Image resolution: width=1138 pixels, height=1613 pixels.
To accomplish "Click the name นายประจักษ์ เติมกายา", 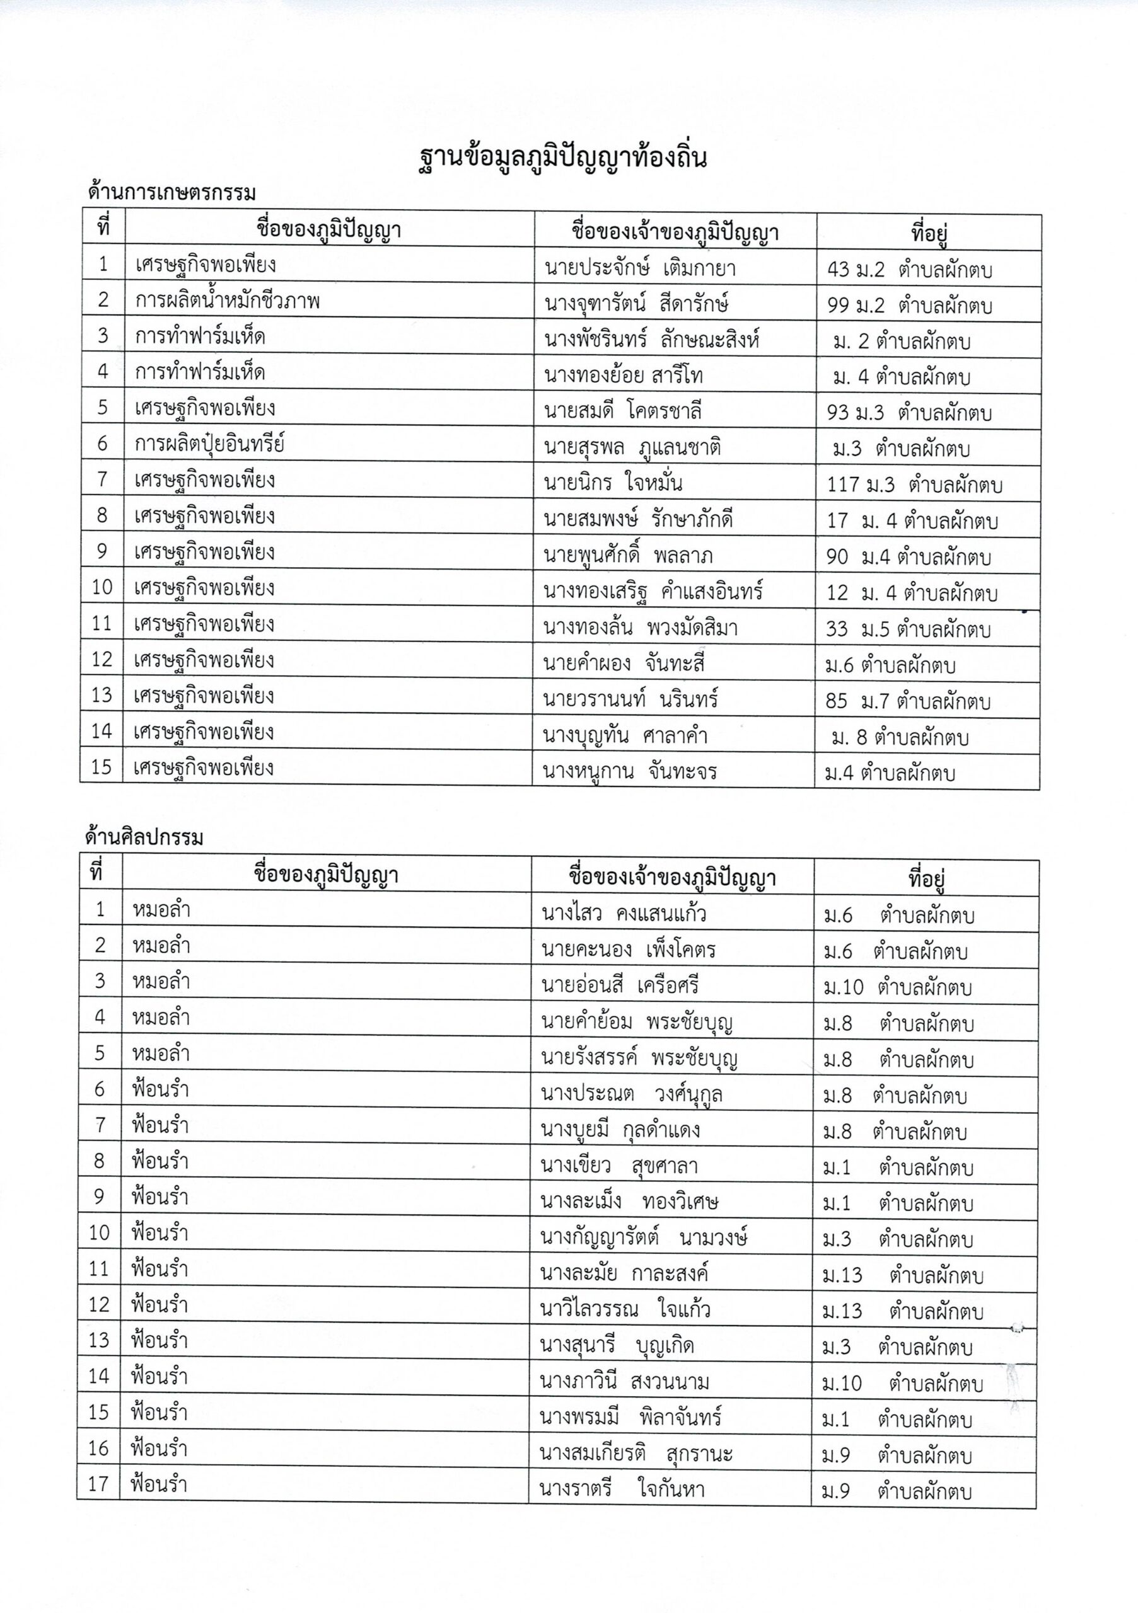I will [x=641, y=268].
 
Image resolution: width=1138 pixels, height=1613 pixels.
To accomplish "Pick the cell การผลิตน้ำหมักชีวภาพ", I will [x=228, y=301].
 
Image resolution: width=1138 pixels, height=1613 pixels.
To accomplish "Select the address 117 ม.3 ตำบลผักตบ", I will [x=914, y=484].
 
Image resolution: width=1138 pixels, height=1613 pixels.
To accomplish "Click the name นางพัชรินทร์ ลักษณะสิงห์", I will [x=651, y=340].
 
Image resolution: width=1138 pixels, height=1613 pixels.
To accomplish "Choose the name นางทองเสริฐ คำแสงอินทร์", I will [x=653, y=592].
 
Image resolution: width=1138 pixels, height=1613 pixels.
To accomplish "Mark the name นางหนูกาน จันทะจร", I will [x=630, y=772].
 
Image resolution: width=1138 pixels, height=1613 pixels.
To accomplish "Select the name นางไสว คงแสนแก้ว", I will [x=624, y=913].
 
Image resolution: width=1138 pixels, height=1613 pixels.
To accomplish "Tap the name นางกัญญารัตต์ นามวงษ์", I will [x=643, y=1238].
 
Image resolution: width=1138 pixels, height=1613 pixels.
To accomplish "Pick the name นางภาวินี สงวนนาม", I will [x=625, y=1382].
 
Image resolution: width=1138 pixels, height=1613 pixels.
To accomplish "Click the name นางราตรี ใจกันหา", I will [x=622, y=1490].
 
